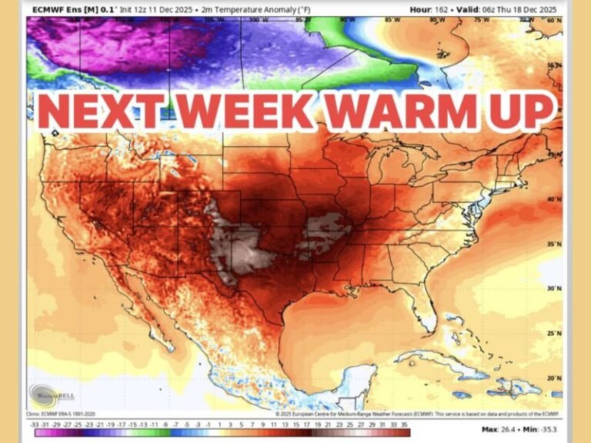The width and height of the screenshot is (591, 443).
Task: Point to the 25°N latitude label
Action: (553, 333)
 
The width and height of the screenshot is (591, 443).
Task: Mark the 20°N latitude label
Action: (553, 378)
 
